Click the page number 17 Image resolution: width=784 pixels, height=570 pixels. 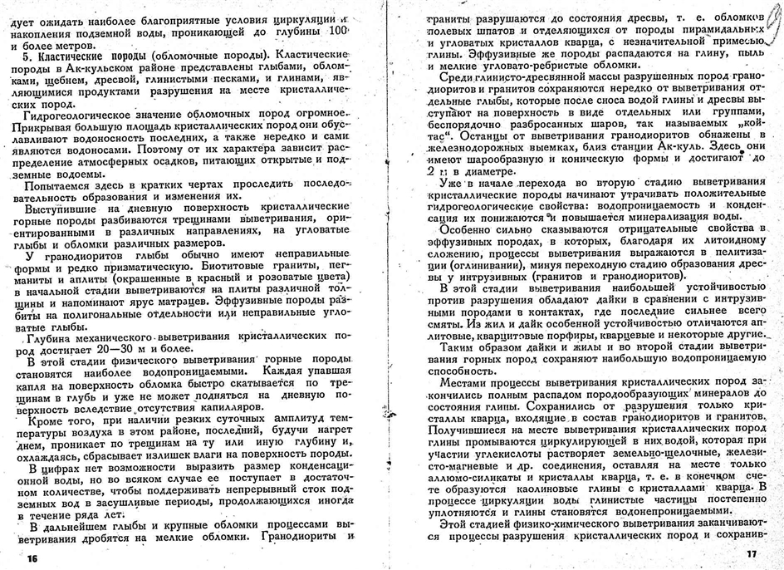pos(752,554)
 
